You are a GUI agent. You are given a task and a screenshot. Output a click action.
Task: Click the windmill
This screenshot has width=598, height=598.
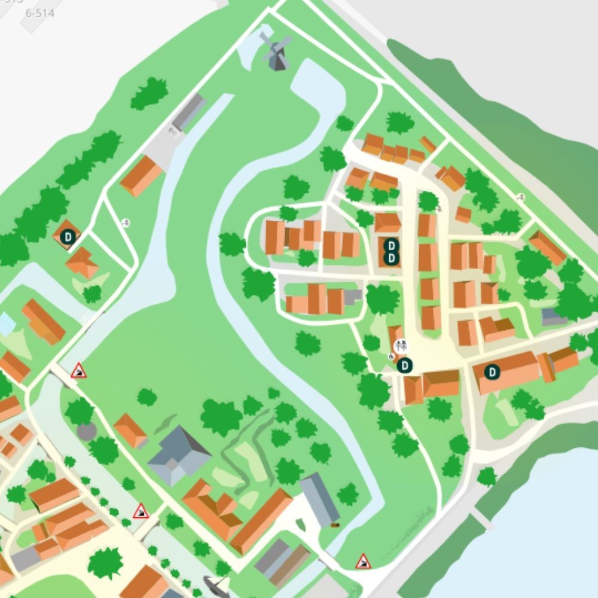click(x=276, y=51)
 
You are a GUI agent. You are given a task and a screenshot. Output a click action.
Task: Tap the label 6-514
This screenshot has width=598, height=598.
click(x=41, y=12)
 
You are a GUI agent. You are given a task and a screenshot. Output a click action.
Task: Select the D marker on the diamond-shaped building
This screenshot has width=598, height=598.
click(x=68, y=237)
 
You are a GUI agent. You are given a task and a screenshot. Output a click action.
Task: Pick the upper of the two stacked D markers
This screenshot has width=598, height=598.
click(x=391, y=245)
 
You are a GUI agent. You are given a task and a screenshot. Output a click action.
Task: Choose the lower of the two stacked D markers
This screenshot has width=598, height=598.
click(x=391, y=258)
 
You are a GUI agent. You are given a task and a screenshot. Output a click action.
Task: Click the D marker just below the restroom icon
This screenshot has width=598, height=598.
click(x=405, y=365)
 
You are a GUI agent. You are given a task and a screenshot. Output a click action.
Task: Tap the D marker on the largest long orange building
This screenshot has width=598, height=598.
click(x=492, y=372)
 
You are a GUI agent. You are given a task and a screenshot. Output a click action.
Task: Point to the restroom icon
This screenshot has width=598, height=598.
click(x=401, y=346)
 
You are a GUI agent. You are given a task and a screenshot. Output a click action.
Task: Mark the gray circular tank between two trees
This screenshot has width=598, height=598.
click(x=86, y=431)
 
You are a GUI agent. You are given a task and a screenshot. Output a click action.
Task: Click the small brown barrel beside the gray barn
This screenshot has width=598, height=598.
click(x=334, y=525)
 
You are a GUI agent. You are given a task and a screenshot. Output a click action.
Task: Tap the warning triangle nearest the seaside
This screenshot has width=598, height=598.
click(x=363, y=561)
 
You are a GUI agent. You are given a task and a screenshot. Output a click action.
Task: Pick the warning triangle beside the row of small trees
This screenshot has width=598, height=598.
click(x=141, y=511)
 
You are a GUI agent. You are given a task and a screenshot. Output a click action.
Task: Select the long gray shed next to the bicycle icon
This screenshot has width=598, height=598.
click(x=189, y=111)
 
